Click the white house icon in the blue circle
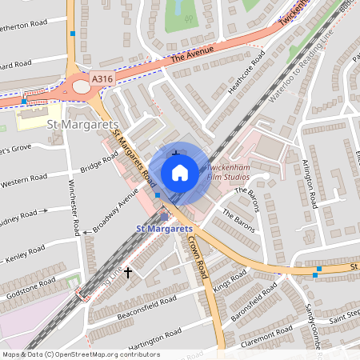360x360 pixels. [180, 172]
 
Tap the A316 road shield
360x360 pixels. [102, 78]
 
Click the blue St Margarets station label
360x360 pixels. [163, 230]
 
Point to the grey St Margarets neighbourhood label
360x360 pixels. [84, 126]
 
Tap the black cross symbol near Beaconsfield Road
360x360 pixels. [127, 274]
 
